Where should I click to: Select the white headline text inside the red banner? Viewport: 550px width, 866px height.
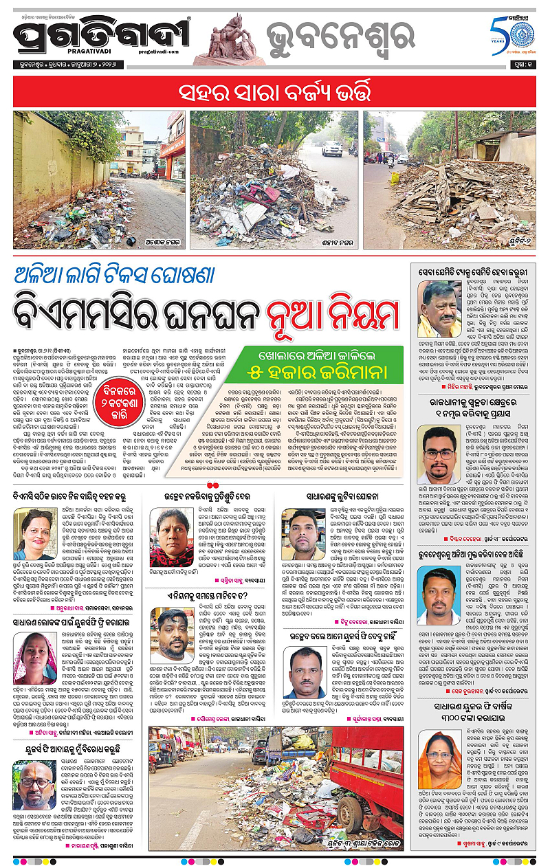pos(274,91)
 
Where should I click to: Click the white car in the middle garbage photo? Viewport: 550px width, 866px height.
pos(331,147)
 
